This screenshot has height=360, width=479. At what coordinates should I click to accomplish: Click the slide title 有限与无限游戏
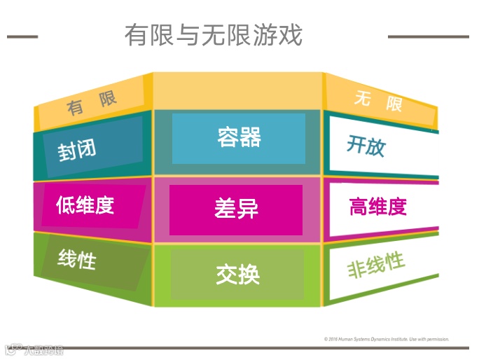pyautogui.click(x=214, y=34)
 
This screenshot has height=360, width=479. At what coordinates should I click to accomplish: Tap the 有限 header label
pyautogui.click(x=91, y=103)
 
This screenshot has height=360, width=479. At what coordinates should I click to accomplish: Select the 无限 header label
pyautogui.click(x=378, y=102)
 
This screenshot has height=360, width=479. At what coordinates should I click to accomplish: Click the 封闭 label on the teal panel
pyautogui.click(x=77, y=150)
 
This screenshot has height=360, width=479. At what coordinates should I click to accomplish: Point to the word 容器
pyautogui.click(x=239, y=137)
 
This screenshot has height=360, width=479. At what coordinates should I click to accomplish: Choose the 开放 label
pyautogui.click(x=366, y=145)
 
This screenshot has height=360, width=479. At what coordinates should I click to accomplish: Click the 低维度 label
pyautogui.click(x=85, y=205)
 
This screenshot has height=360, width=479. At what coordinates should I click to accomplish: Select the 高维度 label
pyautogui.click(x=378, y=207)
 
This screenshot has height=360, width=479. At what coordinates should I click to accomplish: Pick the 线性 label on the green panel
pyautogui.click(x=77, y=260)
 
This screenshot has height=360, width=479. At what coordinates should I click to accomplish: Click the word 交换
pyautogui.click(x=238, y=274)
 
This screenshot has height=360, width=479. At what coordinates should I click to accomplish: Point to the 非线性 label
pyautogui.click(x=376, y=265)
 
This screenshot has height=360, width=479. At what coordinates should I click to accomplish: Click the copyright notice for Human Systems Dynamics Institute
pyautogui.click(x=387, y=339)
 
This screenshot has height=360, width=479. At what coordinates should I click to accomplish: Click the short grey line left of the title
pyautogui.click(x=22, y=36)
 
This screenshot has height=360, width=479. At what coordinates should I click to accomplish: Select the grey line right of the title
pyautogui.click(x=429, y=36)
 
